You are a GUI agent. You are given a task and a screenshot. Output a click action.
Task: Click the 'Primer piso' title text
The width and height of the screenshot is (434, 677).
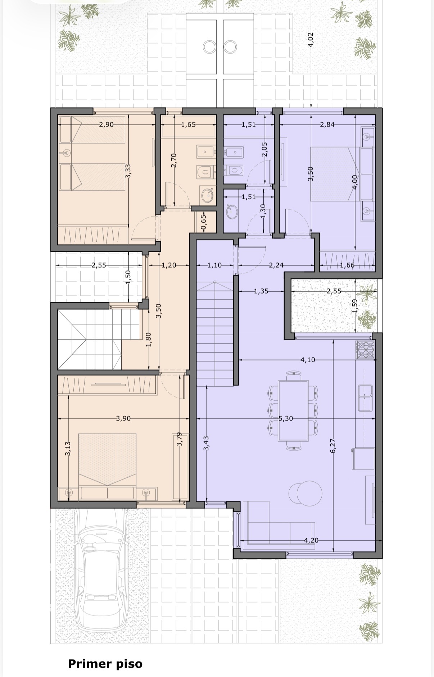(105, 664)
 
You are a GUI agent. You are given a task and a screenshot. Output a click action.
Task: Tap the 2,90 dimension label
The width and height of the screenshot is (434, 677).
(106, 124)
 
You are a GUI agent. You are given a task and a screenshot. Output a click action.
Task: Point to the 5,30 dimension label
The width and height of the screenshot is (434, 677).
(286, 418)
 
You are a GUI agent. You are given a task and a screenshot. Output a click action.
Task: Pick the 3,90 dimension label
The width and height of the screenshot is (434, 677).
(123, 418)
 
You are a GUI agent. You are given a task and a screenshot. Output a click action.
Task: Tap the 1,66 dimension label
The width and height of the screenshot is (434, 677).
(347, 265)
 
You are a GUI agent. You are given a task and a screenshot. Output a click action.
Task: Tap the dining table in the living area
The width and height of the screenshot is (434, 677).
(293, 410)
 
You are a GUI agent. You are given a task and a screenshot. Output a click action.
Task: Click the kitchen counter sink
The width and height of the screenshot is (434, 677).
(365, 398)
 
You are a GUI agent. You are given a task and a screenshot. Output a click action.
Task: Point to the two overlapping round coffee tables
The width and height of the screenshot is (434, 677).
(306, 493)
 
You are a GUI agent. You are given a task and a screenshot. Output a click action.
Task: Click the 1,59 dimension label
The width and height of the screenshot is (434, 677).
(354, 306)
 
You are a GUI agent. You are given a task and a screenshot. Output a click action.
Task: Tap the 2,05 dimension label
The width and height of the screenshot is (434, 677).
(265, 149)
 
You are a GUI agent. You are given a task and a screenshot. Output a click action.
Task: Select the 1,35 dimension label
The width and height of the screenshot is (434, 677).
(261, 291)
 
